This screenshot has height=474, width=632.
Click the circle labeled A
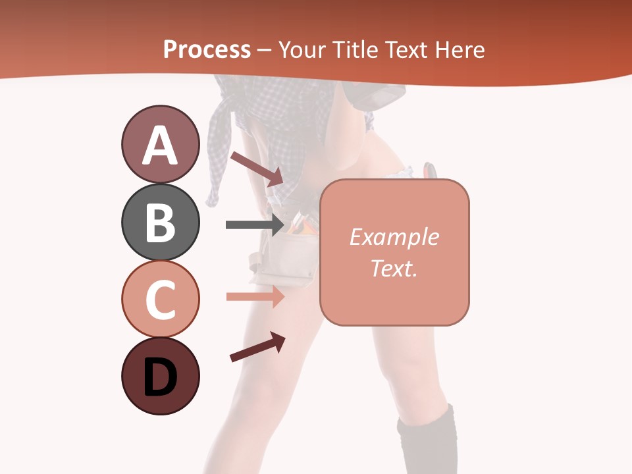coord(160,144)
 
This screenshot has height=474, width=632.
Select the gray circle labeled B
coord(160,222)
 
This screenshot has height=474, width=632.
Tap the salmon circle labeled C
coord(160,299)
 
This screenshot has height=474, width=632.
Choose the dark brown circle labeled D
coord(160,376)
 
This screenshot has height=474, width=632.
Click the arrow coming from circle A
coord(256,169)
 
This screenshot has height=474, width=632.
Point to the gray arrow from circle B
coord(254,224)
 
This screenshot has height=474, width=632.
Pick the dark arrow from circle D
coord(257,347)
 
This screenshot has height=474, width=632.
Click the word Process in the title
coord(207,50)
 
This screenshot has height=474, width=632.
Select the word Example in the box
coord(394,237)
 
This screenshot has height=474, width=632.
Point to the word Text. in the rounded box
coord(394,268)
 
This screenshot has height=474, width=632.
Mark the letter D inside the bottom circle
coord(160,379)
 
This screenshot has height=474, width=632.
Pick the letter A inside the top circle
coord(160,145)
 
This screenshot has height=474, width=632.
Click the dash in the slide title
coord(264,51)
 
